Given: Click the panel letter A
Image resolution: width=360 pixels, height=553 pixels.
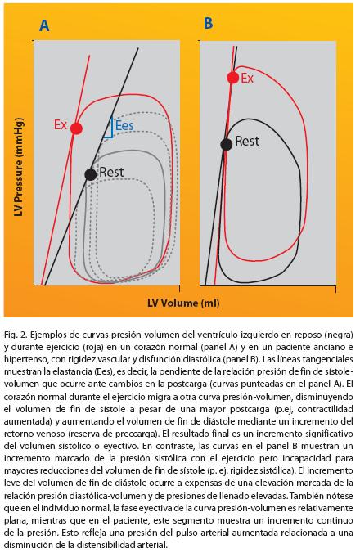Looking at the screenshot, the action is (x=44, y=25).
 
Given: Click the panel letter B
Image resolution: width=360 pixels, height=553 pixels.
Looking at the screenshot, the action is (x=209, y=23).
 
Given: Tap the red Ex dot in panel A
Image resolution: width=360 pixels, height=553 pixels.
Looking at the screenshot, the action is (x=77, y=128).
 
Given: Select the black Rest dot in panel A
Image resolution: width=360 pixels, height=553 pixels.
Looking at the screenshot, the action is (x=91, y=174).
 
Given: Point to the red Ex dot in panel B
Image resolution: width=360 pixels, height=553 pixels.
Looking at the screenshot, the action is (x=233, y=78).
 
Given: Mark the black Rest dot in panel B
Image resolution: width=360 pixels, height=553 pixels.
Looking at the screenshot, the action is (x=227, y=144).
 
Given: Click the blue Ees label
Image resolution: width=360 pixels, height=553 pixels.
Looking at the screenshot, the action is (x=124, y=125).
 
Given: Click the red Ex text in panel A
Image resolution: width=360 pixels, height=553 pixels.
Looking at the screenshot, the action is (x=61, y=124).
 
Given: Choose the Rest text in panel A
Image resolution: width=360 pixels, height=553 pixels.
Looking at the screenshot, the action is (x=111, y=172).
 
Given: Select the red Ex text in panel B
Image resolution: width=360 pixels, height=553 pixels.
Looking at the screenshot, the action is (x=247, y=78).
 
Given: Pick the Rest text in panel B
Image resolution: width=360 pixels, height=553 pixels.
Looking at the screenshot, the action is (x=247, y=141).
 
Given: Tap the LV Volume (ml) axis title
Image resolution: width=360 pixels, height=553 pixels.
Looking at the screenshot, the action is (x=183, y=303).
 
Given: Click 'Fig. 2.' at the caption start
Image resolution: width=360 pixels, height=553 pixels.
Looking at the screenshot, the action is (x=16, y=335).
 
